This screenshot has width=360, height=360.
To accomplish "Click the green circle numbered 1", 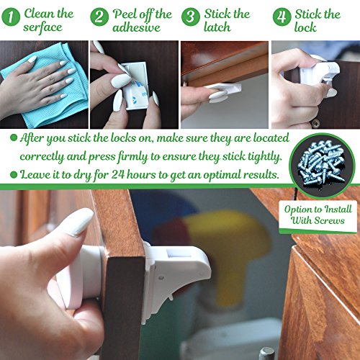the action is click(x=11, y=17).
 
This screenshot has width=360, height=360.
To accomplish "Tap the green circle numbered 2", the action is click(x=99, y=17).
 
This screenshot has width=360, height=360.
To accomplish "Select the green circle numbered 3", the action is click(x=191, y=17).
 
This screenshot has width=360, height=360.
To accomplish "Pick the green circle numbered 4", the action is click(x=282, y=17).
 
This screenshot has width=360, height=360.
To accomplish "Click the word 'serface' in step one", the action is click(x=42, y=27).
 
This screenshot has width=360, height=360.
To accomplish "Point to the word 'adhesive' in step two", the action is click(x=136, y=27).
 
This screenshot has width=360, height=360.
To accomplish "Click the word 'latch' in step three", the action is click(x=217, y=27).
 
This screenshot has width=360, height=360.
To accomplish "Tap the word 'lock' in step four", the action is click(x=305, y=27).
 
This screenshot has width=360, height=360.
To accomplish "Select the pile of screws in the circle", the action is click(x=322, y=164).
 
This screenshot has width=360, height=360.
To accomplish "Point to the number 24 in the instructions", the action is click(x=117, y=174).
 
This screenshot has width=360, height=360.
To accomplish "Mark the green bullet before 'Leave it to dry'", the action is click(x=14, y=174).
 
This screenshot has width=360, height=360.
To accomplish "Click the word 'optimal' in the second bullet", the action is click(x=222, y=175).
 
